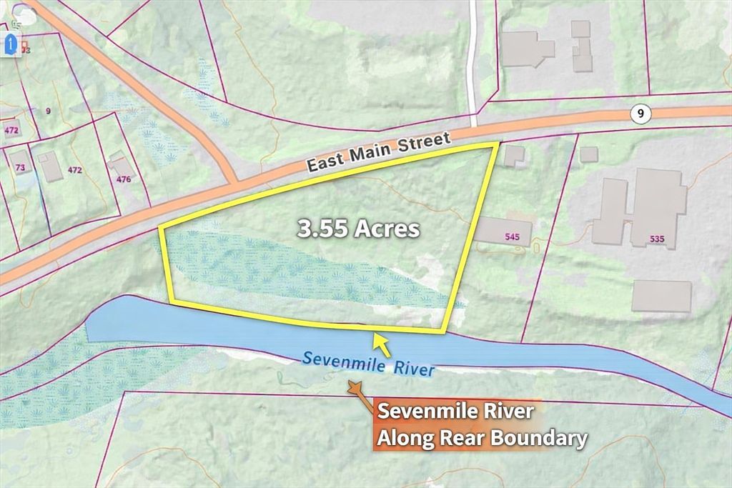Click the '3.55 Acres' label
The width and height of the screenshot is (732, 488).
358,229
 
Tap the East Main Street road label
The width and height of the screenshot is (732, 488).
379,151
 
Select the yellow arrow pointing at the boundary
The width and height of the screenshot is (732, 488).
382,345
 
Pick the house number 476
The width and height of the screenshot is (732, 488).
124,179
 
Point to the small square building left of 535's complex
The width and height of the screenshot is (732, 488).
588,154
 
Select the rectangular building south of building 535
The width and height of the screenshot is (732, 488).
661,296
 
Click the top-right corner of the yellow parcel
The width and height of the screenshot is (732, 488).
495,145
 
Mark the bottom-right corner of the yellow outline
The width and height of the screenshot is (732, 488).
446,332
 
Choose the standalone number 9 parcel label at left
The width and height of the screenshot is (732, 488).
48,111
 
